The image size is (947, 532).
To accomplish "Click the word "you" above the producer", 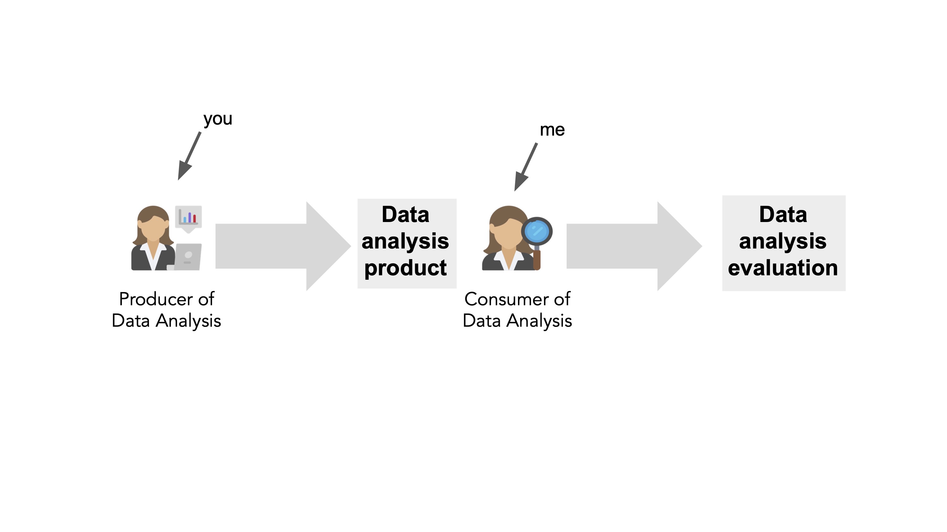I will [217, 119].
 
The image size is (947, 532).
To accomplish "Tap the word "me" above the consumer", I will [552, 130].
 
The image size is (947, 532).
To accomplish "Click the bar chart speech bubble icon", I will [188, 217].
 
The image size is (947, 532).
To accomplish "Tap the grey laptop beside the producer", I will [188, 257].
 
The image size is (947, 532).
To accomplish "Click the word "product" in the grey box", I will [406, 268].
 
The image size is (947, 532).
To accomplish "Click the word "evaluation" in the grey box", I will [783, 268].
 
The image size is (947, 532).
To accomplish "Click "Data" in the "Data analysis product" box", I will [406, 214].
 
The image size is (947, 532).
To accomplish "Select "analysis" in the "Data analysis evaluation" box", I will [783, 241].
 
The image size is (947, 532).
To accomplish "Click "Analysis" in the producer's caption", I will [188, 321].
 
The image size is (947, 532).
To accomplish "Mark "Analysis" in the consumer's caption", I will [539, 321].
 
